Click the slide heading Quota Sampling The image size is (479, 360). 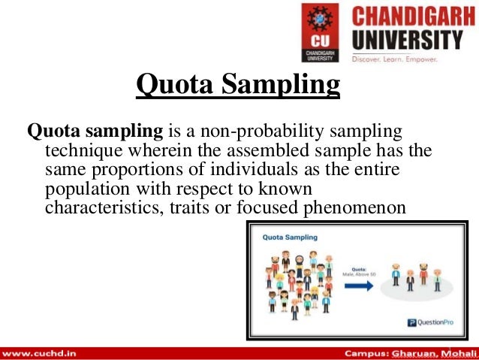click(x=238, y=84)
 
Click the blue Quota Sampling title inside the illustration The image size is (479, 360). click(x=290, y=237)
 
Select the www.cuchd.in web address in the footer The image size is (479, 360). click(x=41, y=352)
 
